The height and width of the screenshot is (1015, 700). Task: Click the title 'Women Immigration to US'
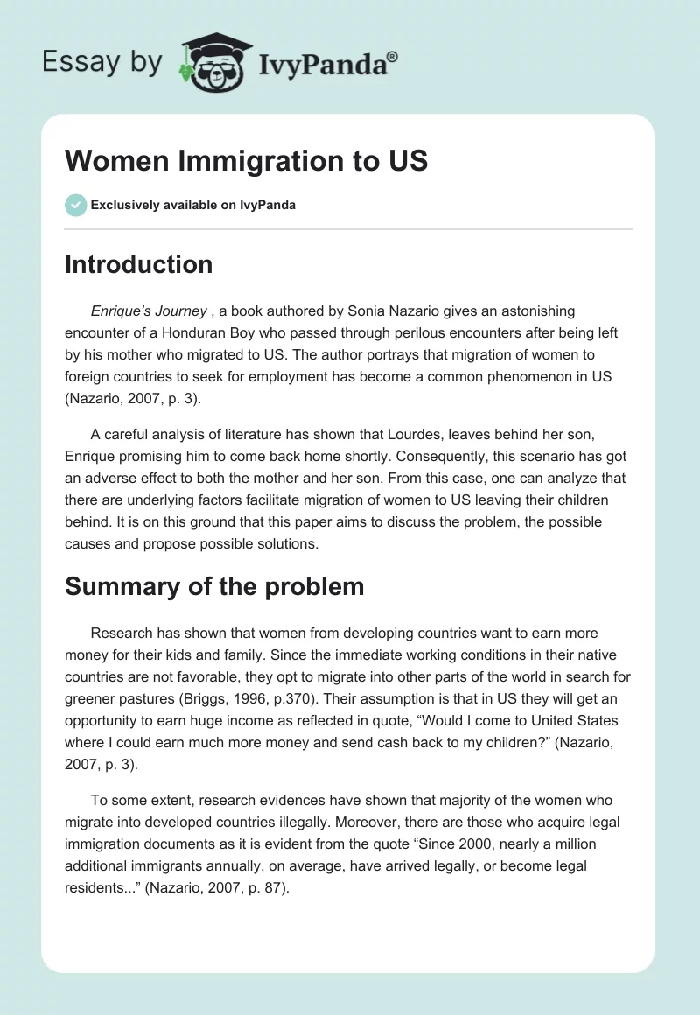[247, 160]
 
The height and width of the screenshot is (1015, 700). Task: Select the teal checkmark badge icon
[75, 205]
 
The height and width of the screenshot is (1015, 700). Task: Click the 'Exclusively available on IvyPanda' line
[192, 206]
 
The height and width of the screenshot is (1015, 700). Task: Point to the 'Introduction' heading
[138, 264]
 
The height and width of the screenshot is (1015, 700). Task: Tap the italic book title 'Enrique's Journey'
[148, 311]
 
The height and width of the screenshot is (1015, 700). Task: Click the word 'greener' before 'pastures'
[92, 699]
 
